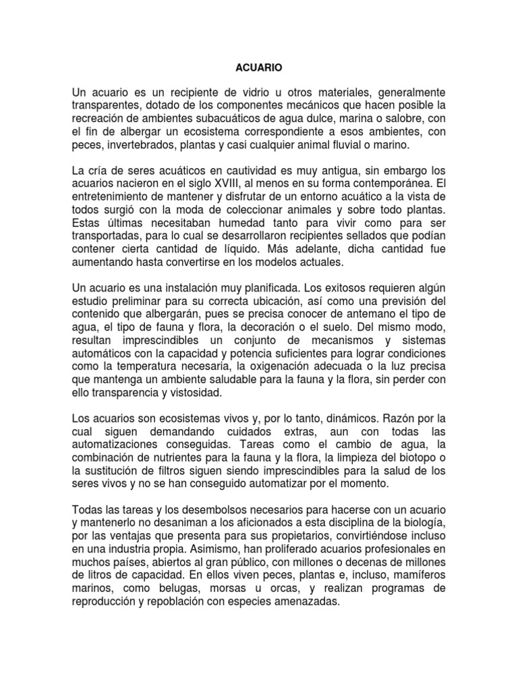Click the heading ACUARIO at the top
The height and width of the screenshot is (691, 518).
coord(259,67)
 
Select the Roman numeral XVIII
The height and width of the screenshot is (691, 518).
coord(237,183)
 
